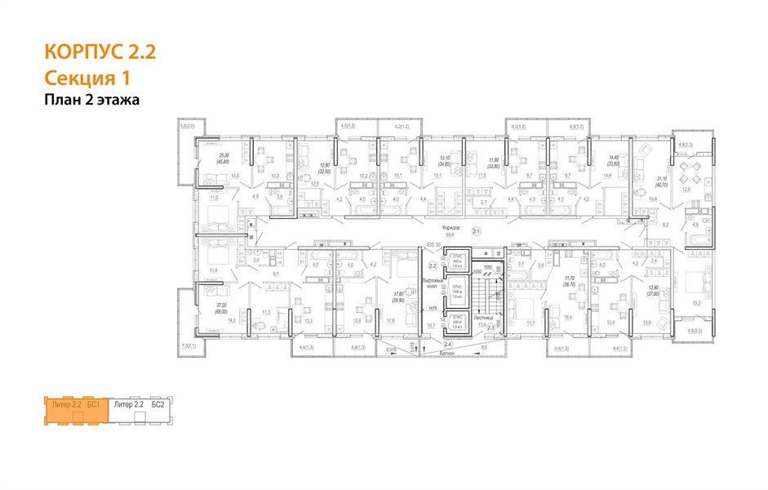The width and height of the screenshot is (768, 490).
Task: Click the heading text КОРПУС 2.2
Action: pos(99,54)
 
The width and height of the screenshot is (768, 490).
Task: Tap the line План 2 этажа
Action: pos(92,100)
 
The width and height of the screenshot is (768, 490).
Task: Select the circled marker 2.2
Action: pos(433,265)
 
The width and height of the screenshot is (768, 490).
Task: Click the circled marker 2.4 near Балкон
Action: pos(447,345)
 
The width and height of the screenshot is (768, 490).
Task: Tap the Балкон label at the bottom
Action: pos(445,354)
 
